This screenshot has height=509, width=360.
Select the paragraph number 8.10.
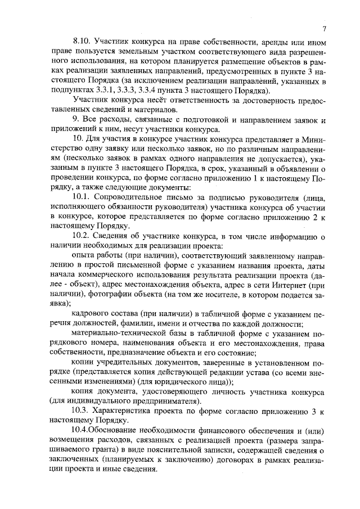coord(82,42)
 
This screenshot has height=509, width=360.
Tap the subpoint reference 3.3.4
coord(175,92)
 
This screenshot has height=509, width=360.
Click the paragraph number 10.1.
coord(82,198)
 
